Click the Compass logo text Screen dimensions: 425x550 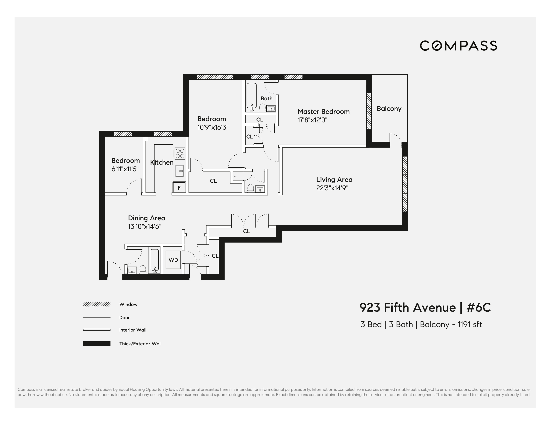[x=458, y=46]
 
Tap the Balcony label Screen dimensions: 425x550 [x=389, y=109]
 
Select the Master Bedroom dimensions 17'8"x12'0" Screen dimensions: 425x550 [x=312, y=120]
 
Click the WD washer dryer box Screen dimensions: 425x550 [x=173, y=260]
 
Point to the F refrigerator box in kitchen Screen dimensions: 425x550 [x=179, y=187]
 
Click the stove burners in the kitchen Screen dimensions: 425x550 [x=180, y=153]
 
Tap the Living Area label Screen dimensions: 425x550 [x=334, y=180]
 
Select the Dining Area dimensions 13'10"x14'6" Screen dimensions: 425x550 [x=145, y=227]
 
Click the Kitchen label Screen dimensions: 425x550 [x=161, y=162]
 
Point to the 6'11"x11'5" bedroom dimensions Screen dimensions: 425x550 [x=125, y=169]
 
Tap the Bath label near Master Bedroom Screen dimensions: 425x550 [x=266, y=98]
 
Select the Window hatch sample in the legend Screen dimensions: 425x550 [x=97, y=304]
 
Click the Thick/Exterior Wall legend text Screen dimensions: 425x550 [x=140, y=344]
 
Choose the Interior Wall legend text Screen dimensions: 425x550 [x=133, y=330]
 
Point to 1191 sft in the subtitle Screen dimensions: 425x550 [x=469, y=324]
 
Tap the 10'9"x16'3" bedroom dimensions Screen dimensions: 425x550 [x=213, y=127]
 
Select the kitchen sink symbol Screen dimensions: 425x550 [x=180, y=171]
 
